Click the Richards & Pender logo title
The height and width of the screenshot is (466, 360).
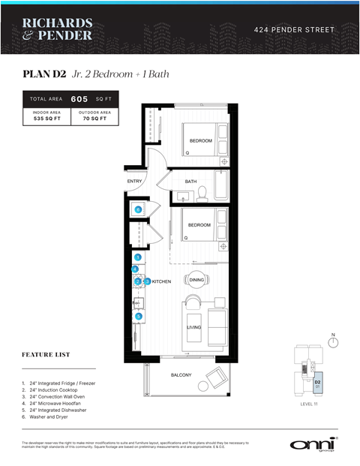click(x=58, y=29)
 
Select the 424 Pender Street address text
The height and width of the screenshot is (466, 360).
click(x=293, y=29)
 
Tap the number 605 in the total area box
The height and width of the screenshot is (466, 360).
click(x=79, y=98)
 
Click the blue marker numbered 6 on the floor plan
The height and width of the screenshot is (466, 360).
click(x=139, y=209)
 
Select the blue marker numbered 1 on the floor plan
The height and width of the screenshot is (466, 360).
click(x=138, y=257)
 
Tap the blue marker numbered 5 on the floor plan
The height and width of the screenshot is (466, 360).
click(x=139, y=316)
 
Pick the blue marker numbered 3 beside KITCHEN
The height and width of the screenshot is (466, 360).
click(x=147, y=281)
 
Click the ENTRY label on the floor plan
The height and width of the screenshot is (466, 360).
click(x=135, y=181)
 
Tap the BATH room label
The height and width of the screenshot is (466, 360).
click(x=190, y=181)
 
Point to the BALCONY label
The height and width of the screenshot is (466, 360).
click(x=180, y=374)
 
